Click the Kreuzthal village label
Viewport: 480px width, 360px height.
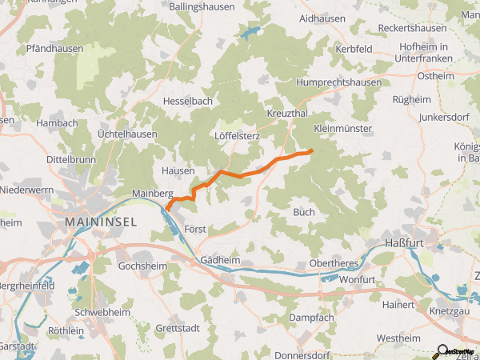pos(289,114)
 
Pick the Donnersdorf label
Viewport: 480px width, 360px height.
pos(302,354)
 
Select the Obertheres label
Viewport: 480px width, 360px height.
pos(334,264)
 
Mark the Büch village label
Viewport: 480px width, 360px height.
pos(304,213)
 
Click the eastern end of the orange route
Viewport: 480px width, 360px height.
pos(310,150)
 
